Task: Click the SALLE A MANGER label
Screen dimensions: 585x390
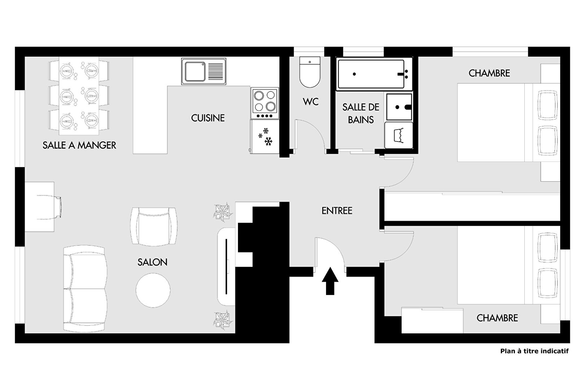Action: (x=79, y=145)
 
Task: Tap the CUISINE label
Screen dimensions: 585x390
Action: (x=208, y=118)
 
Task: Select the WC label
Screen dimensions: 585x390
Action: (x=311, y=101)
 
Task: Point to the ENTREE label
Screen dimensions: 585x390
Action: (x=337, y=211)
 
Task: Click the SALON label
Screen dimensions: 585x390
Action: (x=152, y=262)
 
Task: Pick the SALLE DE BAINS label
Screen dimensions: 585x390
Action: (x=361, y=113)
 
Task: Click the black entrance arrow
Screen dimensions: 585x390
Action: (x=330, y=281)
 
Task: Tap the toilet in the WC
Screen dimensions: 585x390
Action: (x=310, y=72)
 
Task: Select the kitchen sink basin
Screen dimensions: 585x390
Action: (x=195, y=71)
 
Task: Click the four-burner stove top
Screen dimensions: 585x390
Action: (x=265, y=103)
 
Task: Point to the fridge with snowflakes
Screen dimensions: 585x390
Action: (x=265, y=136)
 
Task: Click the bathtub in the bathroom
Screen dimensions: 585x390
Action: (x=371, y=74)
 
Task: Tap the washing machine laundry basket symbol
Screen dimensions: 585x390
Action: (x=399, y=135)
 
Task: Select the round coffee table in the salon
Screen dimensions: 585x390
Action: (x=153, y=290)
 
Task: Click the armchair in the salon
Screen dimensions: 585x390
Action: (x=154, y=226)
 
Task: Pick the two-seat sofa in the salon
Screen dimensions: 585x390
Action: (x=85, y=288)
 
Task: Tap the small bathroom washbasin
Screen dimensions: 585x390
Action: (x=399, y=107)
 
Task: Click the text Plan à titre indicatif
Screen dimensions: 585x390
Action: (x=534, y=351)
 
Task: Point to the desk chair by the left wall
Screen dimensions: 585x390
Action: (x=49, y=207)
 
